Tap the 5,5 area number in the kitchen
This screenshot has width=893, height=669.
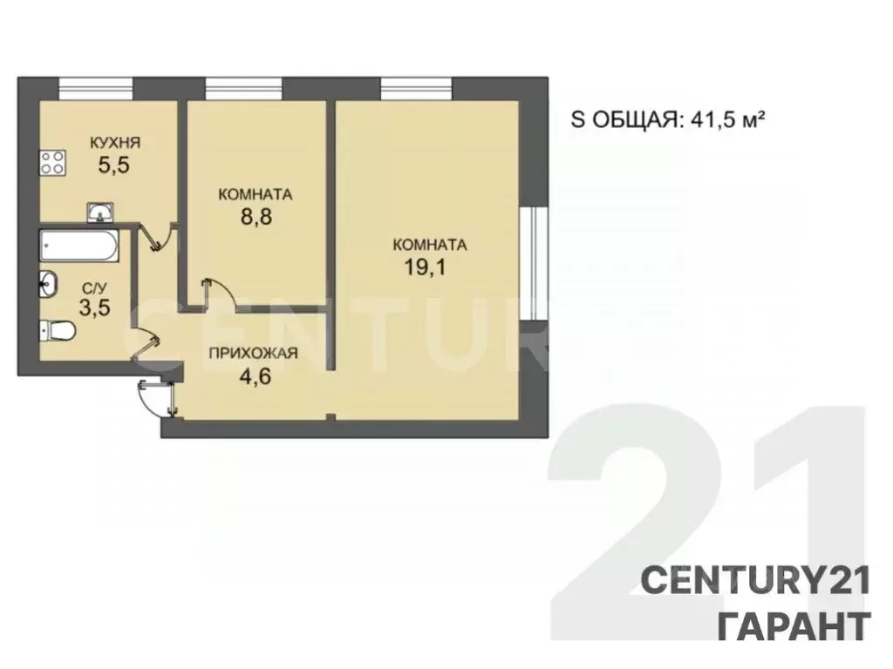point(113,166)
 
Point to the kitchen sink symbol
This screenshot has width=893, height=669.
point(100,212)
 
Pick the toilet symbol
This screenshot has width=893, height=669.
point(58,330)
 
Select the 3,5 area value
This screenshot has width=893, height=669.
point(96,308)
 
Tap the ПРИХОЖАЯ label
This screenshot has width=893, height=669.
point(253,353)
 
